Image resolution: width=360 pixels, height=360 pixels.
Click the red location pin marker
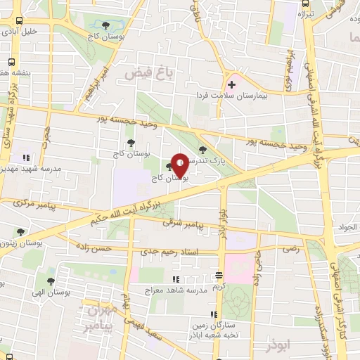pos(179,165)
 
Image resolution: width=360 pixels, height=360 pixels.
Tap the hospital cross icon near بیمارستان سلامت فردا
pos(231,86)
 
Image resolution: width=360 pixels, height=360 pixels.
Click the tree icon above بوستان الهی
pos(50,281)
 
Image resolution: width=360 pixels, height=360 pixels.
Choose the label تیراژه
pos(304,13)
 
